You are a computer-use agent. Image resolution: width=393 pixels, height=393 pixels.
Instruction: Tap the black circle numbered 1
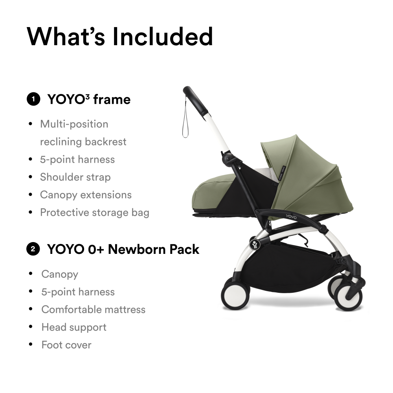[33, 99]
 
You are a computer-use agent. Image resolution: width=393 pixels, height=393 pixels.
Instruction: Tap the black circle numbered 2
[33, 249]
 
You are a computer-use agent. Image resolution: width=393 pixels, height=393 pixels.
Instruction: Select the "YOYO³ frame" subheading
[89, 99]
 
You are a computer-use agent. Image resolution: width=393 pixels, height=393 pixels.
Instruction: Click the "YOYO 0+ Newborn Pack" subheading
[123, 249]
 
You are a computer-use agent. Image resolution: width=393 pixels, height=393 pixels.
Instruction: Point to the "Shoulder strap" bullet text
[75, 177]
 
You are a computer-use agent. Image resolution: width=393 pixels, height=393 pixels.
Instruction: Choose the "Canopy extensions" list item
[86, 195]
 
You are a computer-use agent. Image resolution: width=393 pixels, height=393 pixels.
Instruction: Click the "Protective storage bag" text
[94, 213]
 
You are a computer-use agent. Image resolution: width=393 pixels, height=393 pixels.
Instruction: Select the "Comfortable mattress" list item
[93, 310]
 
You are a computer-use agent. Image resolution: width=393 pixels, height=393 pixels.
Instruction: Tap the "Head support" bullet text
[74, 327]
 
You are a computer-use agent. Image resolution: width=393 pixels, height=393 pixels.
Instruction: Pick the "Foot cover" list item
[66, 345]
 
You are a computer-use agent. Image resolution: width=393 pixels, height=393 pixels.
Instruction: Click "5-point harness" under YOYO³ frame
[77, 160]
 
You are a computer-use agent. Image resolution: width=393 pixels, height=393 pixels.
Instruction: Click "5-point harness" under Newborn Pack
[78, 292]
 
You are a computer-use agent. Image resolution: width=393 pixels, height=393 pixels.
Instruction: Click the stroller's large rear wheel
[236, 293]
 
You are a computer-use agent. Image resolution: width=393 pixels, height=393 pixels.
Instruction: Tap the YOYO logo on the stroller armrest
[291, 216]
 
